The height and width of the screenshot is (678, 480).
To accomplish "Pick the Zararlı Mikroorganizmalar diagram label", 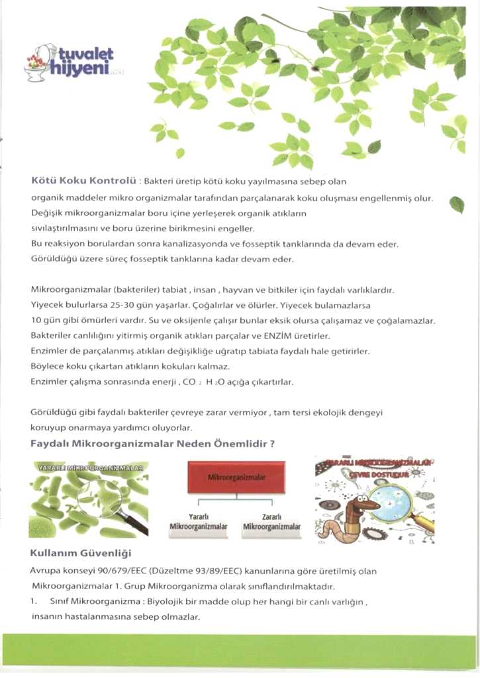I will point(272,521).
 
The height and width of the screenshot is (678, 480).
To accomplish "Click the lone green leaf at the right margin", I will point(456,205).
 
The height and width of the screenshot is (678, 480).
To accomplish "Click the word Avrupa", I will point(44,570).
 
